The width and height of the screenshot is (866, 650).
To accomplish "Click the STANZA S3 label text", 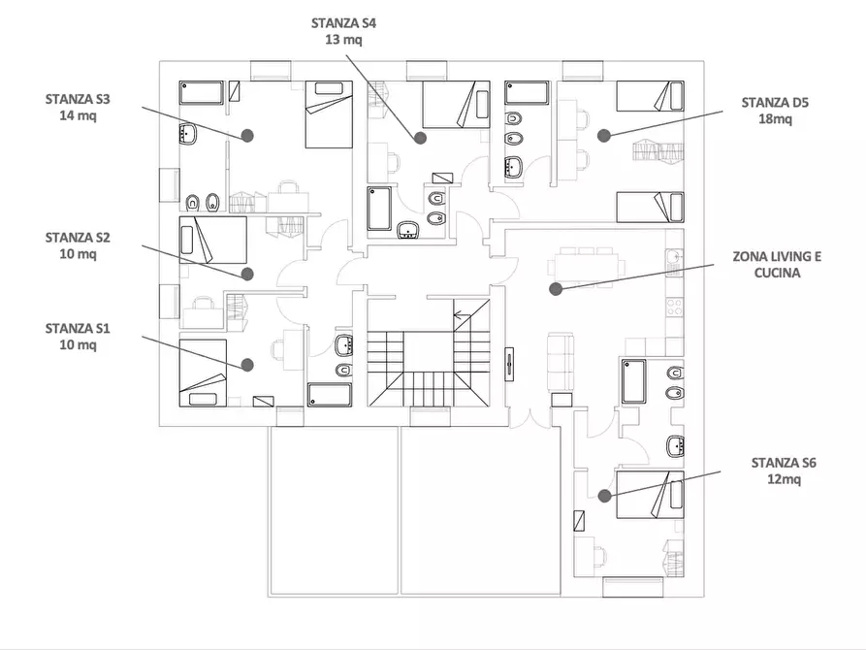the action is tap(78, 100).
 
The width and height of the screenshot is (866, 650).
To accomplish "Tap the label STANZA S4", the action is tap(343, 23).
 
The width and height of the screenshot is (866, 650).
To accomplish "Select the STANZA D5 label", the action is tap(775, 103).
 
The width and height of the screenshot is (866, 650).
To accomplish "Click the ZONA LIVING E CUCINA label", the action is tap(777, 265).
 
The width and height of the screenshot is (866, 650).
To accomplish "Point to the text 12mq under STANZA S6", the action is tap(784, 479).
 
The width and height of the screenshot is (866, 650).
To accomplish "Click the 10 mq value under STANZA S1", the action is tap(78, 345).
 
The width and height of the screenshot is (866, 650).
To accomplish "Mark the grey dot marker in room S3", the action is tap(247, 136).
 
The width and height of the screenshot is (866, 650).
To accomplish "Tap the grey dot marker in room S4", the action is tap(420, 138).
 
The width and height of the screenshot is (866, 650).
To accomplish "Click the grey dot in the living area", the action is tap(556, 288).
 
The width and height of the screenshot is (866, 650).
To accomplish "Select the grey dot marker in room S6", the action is tap(605, 496).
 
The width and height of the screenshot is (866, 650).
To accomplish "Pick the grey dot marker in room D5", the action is tap(603, 136).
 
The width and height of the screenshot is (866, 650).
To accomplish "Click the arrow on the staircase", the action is tap(462, 315).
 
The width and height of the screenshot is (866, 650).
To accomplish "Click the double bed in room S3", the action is tap(329, 114).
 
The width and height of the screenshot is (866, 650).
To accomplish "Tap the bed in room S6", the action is tap(650, 495).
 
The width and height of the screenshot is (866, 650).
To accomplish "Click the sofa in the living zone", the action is tap(560, 362).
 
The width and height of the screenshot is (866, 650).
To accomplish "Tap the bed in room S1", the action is tap(203, 374).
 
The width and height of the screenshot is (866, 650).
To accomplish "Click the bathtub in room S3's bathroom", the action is tap(201, 92).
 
